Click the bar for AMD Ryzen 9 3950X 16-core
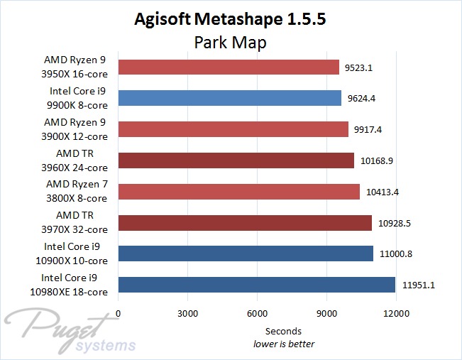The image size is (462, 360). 229,67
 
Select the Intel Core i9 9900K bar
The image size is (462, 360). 230,98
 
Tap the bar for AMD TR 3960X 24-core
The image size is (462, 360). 236,160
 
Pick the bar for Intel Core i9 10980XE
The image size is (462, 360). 257,285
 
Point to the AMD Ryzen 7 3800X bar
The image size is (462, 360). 239,192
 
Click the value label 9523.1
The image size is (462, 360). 360,67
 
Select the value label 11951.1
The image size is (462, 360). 419,285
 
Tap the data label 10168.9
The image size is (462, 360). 377,161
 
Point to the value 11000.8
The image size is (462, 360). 396,254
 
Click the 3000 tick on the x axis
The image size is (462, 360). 187,314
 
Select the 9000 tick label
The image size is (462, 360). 326,314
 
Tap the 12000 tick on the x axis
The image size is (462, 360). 395,314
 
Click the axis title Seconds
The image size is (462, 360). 283,331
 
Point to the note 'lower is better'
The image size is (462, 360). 284,344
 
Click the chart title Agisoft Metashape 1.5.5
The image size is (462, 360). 231,19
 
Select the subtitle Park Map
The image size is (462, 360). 231,43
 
